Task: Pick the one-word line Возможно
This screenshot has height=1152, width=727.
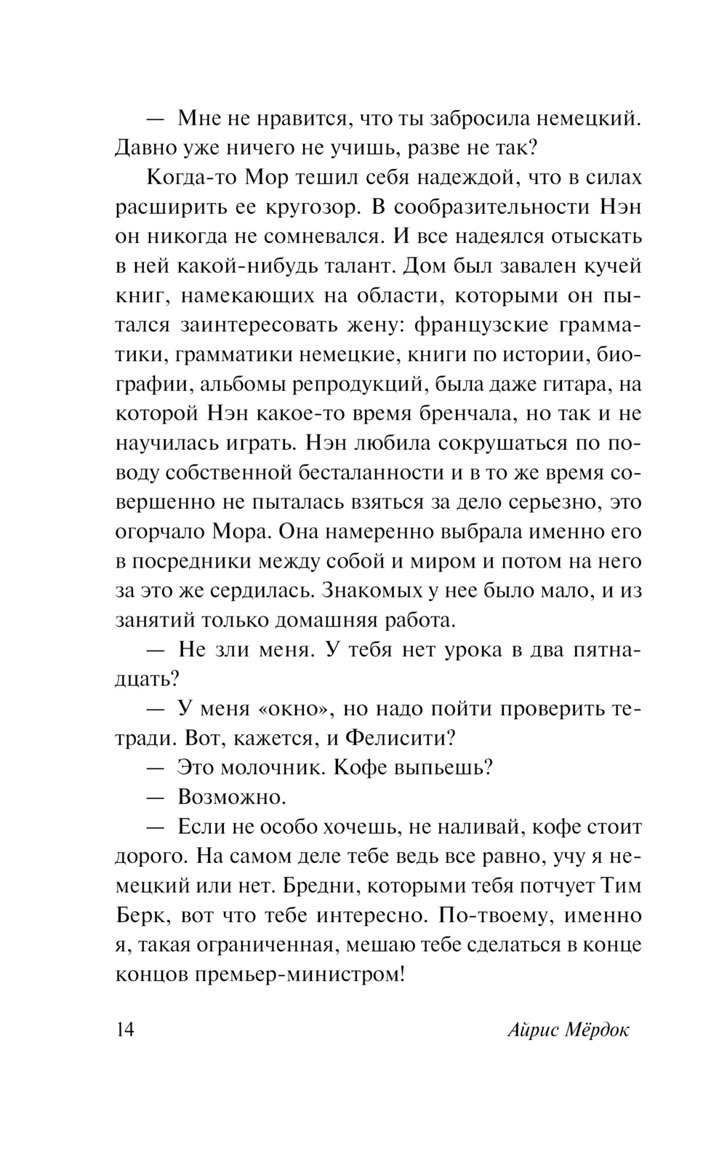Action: tap(231, 798)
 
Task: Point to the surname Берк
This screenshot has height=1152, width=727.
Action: tap(141, 915)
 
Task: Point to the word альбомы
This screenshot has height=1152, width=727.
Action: tap(243, 384)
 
